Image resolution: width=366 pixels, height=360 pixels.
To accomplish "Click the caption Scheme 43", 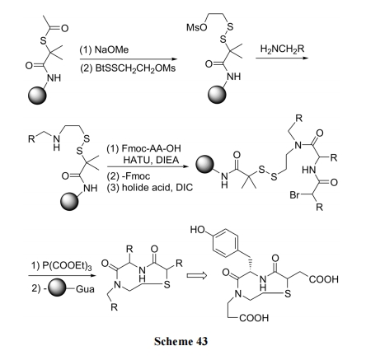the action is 181,341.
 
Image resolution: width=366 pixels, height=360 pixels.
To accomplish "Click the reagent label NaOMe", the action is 111,49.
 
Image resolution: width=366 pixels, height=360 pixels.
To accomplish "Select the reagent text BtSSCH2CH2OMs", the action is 135,68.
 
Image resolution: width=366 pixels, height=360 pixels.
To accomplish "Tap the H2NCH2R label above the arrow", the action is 282,49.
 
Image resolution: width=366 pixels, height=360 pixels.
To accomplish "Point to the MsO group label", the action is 196,27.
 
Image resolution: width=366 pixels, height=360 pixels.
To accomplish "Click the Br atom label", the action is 294,195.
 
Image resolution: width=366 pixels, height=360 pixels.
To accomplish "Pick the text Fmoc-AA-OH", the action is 151,148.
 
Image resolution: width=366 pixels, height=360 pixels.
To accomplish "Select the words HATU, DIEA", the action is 151,160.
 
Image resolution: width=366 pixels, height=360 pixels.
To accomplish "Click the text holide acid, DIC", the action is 157,188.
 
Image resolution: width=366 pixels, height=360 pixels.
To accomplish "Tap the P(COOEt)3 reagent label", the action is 67,266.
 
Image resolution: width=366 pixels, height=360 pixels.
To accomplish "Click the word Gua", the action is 85,289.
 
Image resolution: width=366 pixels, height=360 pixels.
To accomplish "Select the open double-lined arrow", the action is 196,275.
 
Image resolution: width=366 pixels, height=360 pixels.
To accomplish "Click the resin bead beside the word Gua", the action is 58,288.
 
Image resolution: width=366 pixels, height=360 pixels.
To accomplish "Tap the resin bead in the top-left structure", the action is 37,96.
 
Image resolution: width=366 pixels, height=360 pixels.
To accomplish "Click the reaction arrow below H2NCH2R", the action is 282,58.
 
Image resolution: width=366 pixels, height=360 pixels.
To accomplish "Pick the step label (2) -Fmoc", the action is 129,176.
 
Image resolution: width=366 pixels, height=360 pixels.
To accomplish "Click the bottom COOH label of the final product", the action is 254,318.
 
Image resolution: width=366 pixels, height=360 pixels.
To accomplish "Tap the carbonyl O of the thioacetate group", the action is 64,28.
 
